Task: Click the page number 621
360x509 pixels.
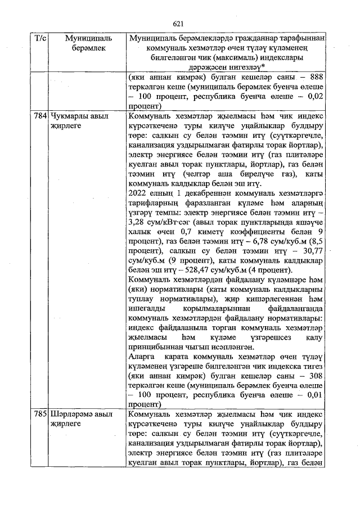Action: click(x=179, y=23)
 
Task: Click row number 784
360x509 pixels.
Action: click(x=41, y=116)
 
